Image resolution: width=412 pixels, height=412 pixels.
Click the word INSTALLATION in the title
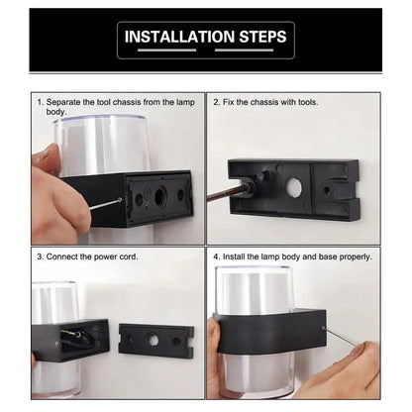click(x=179, y=37)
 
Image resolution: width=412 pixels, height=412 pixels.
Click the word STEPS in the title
click(x=262, y=37)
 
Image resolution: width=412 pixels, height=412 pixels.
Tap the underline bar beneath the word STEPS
click(x=244, y=51)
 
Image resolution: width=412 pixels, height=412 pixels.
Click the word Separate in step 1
click(x=63, y=102)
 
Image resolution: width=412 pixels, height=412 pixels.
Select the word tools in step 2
click(x=308, y=102)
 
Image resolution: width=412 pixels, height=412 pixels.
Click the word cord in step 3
click(x=128, y=257)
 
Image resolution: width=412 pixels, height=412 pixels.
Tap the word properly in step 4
click(x=357, y=257)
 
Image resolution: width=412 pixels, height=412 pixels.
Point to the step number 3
click(x=40, y=257)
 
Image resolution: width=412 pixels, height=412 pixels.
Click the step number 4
click(x=216, y=257)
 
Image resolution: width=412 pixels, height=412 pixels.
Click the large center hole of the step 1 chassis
click(x=160, y=197)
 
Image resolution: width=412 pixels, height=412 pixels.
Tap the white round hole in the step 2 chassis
click(x=294, y=187)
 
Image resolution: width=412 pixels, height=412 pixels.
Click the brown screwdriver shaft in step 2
click(x=226, y=193)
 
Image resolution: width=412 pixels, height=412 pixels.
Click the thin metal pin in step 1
click(x=105, y=204)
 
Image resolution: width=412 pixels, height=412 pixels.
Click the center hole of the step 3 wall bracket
click(x=153, y=340)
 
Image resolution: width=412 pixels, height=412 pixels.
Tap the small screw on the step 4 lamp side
click(x=323, y=328)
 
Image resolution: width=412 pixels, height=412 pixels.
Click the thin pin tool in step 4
click(x=340, y=337)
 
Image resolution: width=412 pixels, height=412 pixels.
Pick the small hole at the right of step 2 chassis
click(x=327, y=190)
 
